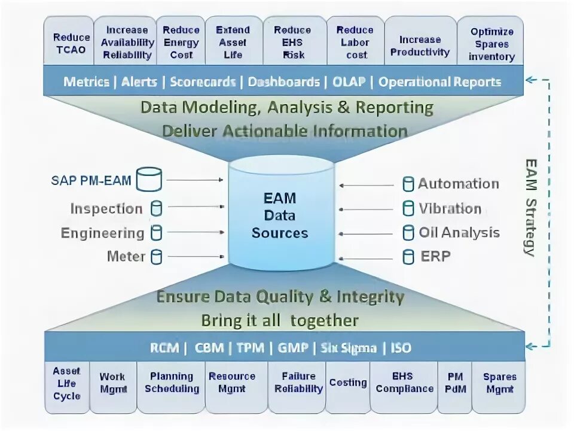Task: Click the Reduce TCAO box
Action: tap(71, 41)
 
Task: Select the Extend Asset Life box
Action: tap(233, 41)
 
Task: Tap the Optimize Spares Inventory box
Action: tap(491, 43)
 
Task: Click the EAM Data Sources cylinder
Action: tap(280, 215)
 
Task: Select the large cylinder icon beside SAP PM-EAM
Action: tap(149, 180)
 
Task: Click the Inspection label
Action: tap(106, 209)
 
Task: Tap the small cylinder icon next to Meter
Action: tap(157, 257)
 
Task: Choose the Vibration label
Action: tap(450, 209)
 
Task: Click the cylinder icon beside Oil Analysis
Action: tap(408, 233)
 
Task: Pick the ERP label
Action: tap(435, 257)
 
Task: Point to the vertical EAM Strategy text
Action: tap(530, 207)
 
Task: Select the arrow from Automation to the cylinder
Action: tap(366, 185)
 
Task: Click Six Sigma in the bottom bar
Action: tap(350, 348)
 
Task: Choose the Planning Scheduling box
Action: tap(171, 383)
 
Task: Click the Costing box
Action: tap(347, 383)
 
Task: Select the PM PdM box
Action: tap(454, 383)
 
